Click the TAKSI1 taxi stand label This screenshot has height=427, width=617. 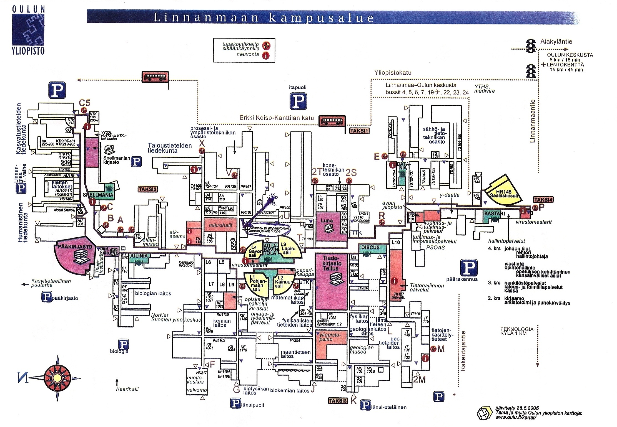[359, 131]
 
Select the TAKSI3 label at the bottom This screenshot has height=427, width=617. [338, 401]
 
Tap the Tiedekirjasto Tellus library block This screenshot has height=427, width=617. [331, 280]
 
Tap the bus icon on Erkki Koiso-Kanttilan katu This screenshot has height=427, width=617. [332, 121]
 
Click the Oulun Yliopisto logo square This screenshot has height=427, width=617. [28, 29]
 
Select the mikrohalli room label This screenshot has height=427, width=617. [220, 225]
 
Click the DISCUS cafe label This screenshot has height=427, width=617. [370, 247]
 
